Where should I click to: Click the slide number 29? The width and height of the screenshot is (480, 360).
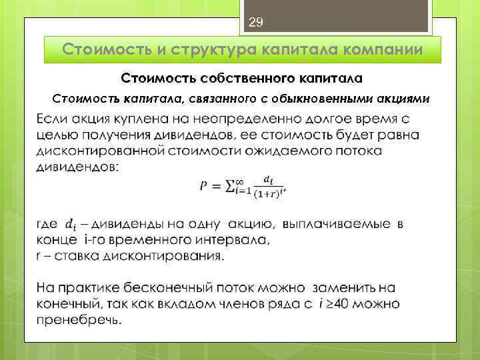256,23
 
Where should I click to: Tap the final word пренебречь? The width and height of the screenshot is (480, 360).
78,320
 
